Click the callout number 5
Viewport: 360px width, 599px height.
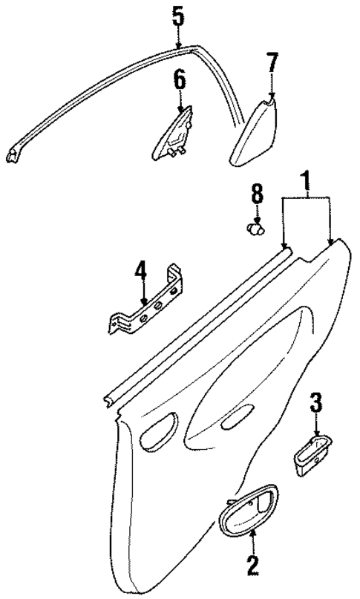(177, 16)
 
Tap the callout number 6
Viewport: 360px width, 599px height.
(179, 79)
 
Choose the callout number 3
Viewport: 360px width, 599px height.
(315, 405)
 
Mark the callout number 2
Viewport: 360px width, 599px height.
(252, 566)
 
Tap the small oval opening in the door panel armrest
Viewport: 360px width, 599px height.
(237, 422)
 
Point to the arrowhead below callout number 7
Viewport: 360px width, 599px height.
(272, 94)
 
